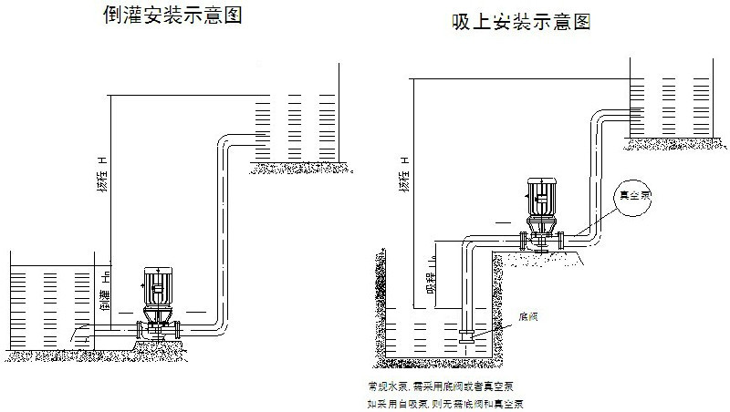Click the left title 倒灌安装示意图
coord(173,15)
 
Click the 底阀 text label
coord(527,317)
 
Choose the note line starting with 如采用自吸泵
coord(445,402)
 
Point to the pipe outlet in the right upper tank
coord(630,113)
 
